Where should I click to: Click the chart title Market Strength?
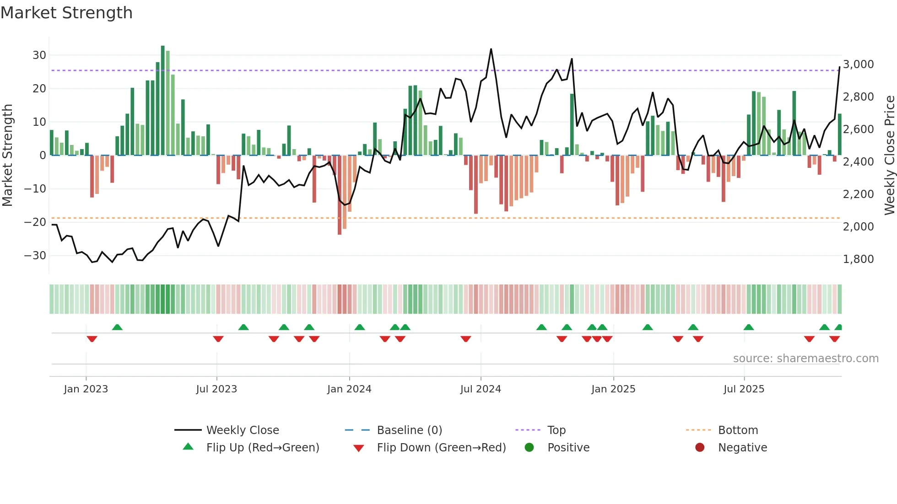pos(66,13)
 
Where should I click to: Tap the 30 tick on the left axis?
pos(39,55)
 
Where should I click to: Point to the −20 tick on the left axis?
pos(36,222)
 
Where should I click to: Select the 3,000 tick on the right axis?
pos(858,64)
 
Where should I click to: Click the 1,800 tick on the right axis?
pos(858,259)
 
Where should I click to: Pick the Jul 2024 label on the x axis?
pos(481,389)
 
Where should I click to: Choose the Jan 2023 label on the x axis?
pos(86,389)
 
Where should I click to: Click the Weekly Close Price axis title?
pos(889,155)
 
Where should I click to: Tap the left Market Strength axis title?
pos(7,155)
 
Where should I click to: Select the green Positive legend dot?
pos(530,448)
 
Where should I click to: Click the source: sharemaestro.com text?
pos(805,359)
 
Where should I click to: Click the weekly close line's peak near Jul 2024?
pos(491,49)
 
